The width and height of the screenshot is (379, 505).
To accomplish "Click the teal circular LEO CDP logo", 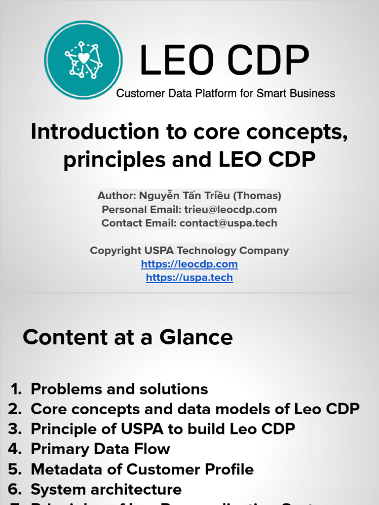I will tap(83, 59).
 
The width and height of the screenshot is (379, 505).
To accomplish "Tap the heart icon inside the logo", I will tap(84, 58).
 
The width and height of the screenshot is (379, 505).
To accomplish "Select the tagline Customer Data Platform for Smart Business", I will tap(226, 93).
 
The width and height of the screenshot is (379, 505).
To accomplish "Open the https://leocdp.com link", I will tap(189, 264).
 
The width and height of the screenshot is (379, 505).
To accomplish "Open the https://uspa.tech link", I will tap(189, 277).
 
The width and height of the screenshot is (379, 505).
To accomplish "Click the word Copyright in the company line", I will tap(114, 251).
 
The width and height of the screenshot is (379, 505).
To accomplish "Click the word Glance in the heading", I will tap(196, 337).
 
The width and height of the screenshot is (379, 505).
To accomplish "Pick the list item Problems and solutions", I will tap(119, 389).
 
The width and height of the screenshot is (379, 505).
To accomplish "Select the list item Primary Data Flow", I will tap(100, 449).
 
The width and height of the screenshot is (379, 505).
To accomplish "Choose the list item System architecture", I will tap(106, 490).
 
